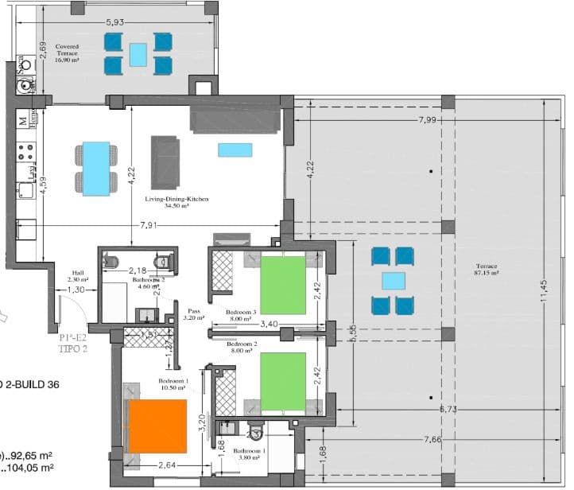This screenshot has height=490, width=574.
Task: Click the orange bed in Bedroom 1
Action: pos(157,427)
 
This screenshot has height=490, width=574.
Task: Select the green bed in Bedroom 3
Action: pos(282,285)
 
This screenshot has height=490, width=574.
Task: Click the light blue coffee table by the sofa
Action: pos(235,150)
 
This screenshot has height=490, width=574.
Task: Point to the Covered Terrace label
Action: pos(67,50)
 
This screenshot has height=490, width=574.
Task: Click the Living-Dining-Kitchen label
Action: pos(176,202)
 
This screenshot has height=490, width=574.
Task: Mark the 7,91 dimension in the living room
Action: pos(148,226)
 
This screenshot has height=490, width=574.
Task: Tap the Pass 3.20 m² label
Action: pos(193,314)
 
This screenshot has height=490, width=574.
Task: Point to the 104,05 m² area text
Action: pos(30,469)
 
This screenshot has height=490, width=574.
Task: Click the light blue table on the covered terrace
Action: pos(138,54)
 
